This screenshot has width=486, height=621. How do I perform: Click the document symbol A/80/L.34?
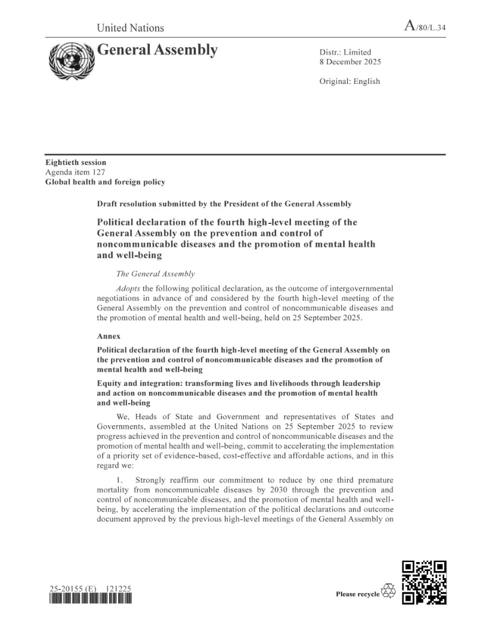pos(425,26)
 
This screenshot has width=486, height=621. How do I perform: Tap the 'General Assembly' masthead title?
pos(157,50)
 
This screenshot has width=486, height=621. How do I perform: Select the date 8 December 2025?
pos(350,62)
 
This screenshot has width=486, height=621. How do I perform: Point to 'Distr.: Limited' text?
pos(345,52)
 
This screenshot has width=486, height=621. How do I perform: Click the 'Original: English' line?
pos(349,81)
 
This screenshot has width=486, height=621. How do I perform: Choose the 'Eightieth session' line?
pos(76,163)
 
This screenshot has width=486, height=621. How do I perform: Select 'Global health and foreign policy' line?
pos(105,182)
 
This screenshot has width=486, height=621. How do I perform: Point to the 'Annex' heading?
pos(108,336)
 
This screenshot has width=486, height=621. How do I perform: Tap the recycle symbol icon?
pos(388,590)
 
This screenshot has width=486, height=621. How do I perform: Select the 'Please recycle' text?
pos(357,594)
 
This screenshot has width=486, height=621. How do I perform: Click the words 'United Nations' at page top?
pos(130,27)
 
